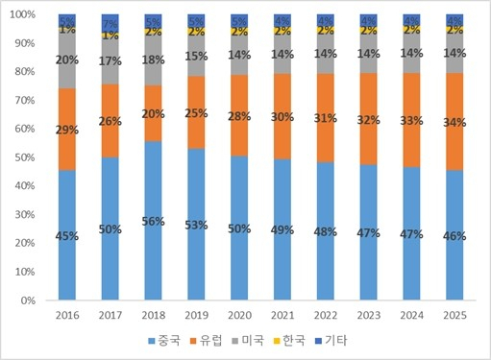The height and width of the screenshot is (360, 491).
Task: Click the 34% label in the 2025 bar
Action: point(456,121)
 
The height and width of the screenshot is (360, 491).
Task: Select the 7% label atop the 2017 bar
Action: point(110,23)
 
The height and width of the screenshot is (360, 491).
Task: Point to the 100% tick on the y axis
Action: point(24,15)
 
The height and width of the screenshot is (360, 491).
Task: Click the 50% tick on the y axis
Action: point(26,157)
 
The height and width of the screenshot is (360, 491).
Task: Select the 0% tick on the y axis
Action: point(30,300)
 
